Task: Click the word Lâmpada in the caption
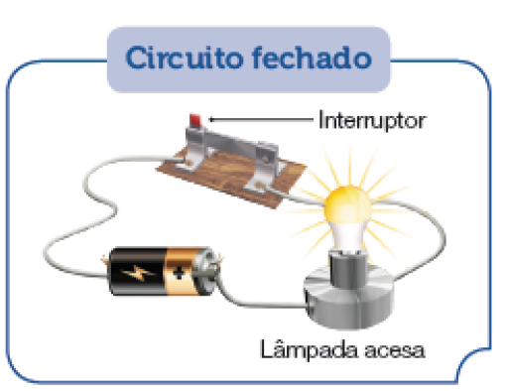point(304,349)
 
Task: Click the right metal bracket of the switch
point(268,169)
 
